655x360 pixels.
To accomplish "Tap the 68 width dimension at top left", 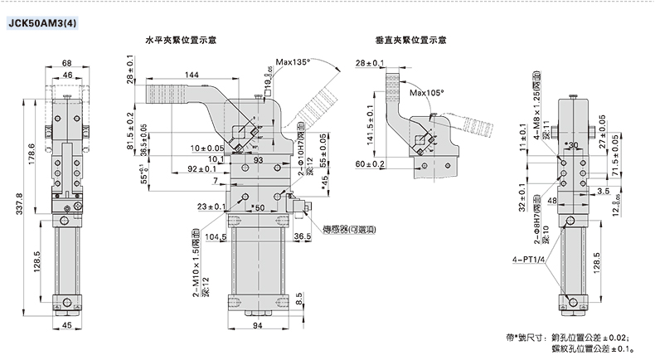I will point(66,62).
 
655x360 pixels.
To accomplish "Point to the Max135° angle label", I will point(293,62).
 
